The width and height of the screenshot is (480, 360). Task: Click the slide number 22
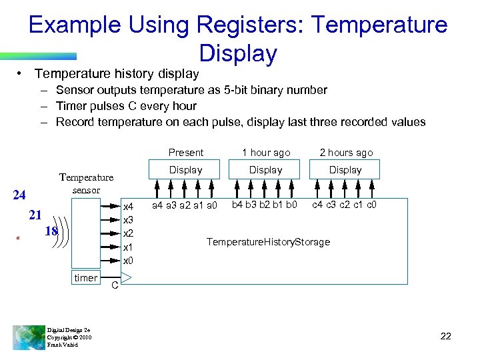pyautogui.click(x=446, y=336)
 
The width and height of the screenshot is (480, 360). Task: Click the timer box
pyautogui.click(x=86, y=278)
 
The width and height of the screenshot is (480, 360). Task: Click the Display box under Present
pyautogui.click(x=185, y=170)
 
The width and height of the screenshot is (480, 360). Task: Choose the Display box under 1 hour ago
pyautogui.click(x=265, y=170)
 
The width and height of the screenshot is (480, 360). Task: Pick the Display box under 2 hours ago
pyautogui.click(x=345, y=170)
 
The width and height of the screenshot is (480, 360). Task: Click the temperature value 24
pyautogui.click(x=19, y=195)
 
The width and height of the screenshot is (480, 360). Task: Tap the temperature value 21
pyautogui.click(x=36, y=215)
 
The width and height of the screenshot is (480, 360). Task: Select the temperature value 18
pyautogui.click(x=51, y=231)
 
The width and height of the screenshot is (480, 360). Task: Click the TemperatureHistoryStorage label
pyautogui.click(x=268, y=241)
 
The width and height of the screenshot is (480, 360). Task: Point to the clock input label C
pyautogui.click(x=115, y=286)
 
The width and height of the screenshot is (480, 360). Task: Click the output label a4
pyautogui.click(x=159, y=205)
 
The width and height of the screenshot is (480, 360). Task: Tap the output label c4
pyautogui.click(x=318, y=205)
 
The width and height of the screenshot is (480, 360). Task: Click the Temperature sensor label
pyautogui.click(x=87, y=183)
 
